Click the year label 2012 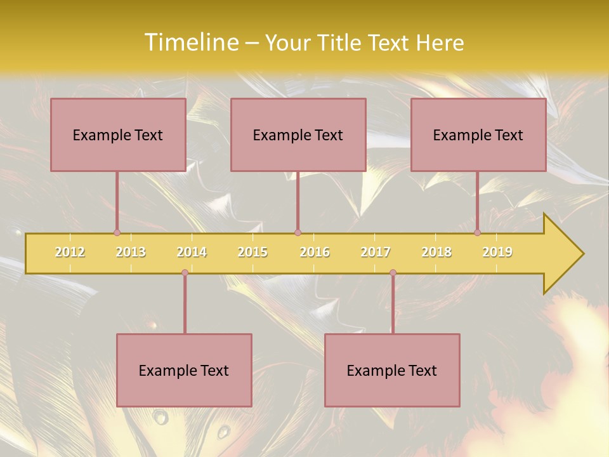point(70,252)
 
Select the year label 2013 point(131,252)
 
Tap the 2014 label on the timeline point(192,252)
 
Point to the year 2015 point(252,252)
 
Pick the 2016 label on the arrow point(315,252)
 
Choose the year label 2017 point(376,252)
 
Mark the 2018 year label point(436,252)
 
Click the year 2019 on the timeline point(497,252)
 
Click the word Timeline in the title point(190,43)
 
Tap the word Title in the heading point(342,43)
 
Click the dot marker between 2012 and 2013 point(117,233)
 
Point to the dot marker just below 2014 point(185,273)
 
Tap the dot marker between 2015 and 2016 point(298,233)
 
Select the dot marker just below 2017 point(393,273)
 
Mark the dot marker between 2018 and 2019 point(478,233)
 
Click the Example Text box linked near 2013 point(118,135)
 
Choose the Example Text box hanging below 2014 point(184,370)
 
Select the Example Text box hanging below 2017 point(392,370)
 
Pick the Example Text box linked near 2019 point(478,135)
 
